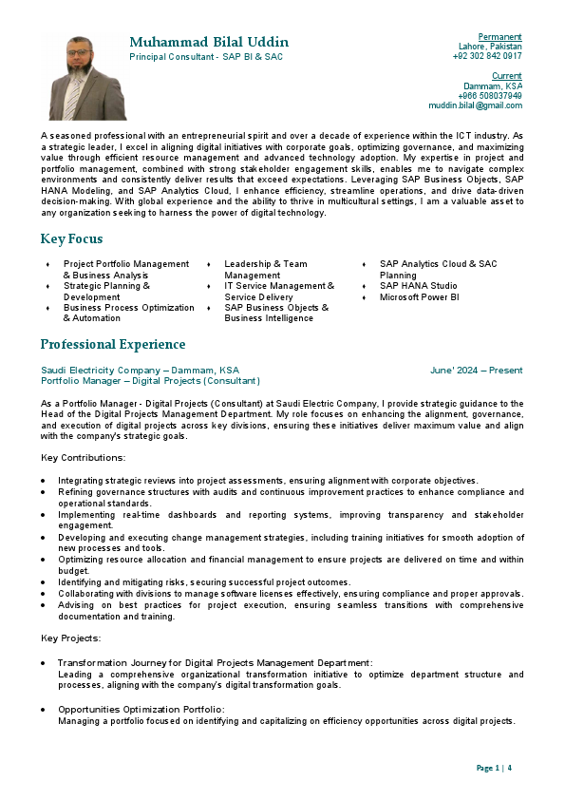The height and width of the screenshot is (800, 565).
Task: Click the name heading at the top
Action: click(x=209, y=43)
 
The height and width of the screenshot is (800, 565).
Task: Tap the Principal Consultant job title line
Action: click(x=206, y=58)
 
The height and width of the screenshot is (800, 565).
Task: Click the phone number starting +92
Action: click(x=487, y=56)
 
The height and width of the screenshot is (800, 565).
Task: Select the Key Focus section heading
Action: click(x=71, y=238)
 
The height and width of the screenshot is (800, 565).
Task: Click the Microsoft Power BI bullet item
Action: click(x=419, y=297)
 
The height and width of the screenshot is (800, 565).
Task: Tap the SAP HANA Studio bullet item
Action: click(x=418, y=286)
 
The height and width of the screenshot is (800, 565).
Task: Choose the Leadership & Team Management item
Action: click(x=266, y=269)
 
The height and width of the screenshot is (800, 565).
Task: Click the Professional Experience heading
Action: click(x=113, y=344)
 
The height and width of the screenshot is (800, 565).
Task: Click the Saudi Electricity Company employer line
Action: click(x=140, y=370)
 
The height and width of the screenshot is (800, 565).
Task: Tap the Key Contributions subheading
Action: click(x=84, y=458)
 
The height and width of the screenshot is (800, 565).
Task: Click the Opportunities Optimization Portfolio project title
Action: click(x=141, y=709)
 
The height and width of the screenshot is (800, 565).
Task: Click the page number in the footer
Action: click(x=494, y=768)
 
